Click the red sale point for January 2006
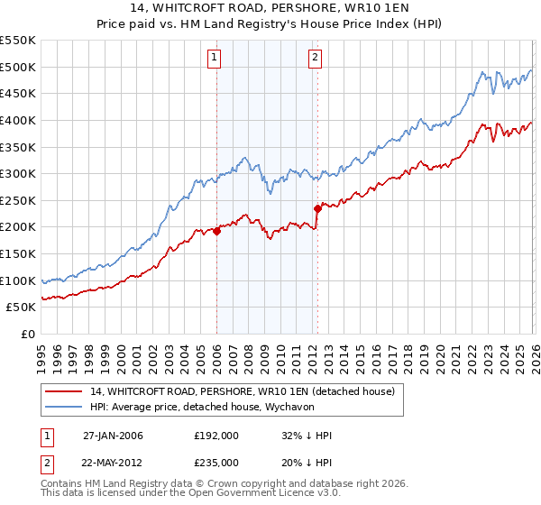click(217, 231)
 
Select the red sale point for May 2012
click(317, 208)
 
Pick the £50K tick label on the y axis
click(22, 307)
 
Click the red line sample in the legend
click(63, 391)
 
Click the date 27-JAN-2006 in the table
click(113, 436)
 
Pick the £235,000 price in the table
click(215, 462)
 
